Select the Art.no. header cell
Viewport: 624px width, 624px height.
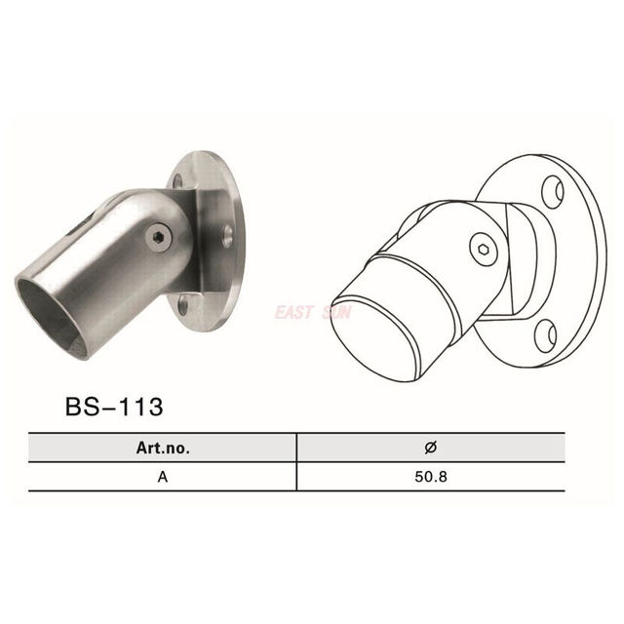pyautogui.click(x=163, y=448)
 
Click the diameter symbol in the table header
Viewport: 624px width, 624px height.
pyautogui.click(x=430, y=448)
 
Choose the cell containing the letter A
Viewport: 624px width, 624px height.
pyautogui.click(x=163, y=478)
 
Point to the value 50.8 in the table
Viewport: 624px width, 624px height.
pyautogui.click(x=430, y=478)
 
